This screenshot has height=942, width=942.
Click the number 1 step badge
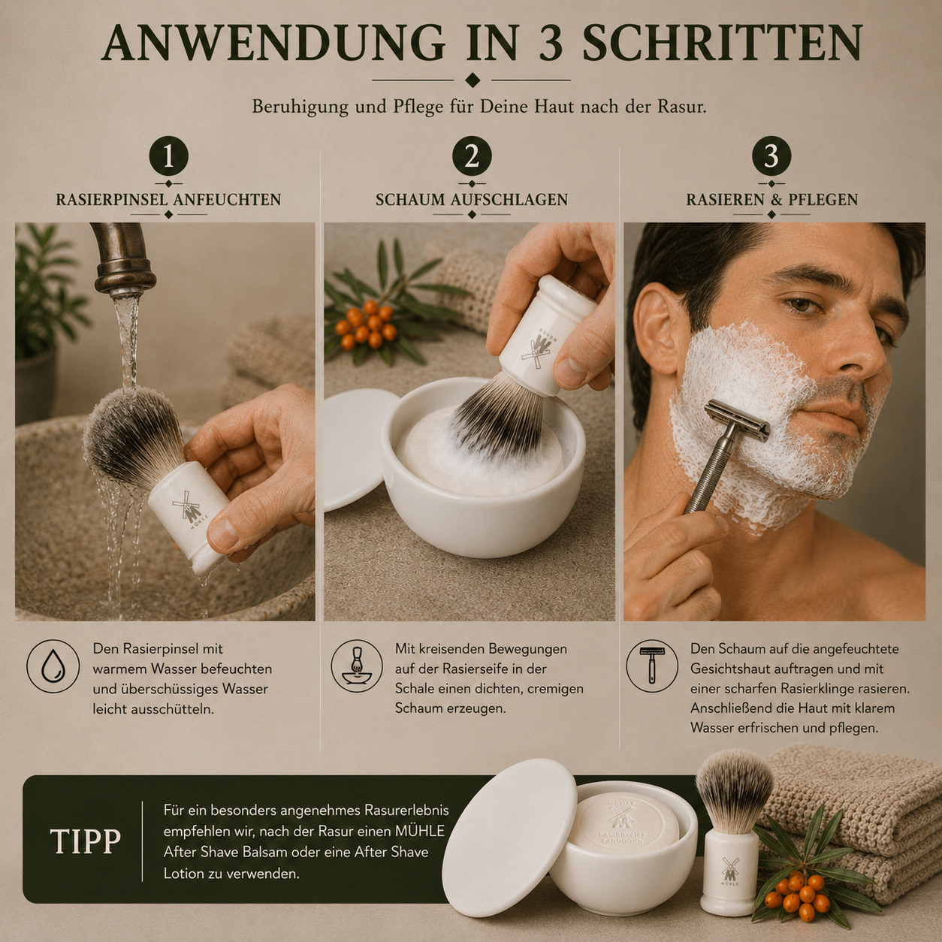tap(169, 156)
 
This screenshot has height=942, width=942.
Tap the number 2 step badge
tap(472, 156)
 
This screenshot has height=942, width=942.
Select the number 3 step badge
tap(771, 156)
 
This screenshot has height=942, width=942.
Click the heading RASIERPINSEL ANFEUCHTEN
tap(169, 200)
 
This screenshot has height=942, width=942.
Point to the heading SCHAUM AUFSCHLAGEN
tap(472, 200)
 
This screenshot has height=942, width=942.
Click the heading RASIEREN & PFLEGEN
tap(772, 200)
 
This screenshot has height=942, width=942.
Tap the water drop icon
tap(53, 666)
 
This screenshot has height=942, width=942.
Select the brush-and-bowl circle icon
tap(356, 666)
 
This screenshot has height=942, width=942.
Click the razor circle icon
tap(651, 666)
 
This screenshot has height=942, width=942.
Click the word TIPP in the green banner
tap(85, 841)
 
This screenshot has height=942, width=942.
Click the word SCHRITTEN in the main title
tap(722, 42)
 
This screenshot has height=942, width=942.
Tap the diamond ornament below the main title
tap(472, 80)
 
